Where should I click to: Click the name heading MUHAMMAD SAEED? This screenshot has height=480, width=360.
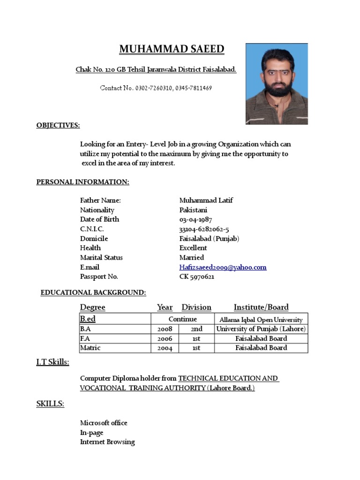point(172,49)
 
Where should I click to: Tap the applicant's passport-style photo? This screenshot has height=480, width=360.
point(277,84)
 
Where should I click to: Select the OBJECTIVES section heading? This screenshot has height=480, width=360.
point(58,125)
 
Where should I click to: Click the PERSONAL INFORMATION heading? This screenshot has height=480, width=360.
point(82,182)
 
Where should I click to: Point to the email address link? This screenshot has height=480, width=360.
point(223,267)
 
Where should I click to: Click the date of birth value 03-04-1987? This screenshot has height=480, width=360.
point(196,219)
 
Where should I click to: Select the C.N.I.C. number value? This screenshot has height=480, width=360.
point(204,229)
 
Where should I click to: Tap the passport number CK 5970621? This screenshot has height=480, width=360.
point(197,277)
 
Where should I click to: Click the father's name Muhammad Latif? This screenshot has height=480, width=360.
point(206,200)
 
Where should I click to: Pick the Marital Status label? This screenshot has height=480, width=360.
point(101,257)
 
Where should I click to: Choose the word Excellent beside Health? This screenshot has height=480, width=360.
point(193,247)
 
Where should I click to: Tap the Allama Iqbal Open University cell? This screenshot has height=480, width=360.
point(262,319)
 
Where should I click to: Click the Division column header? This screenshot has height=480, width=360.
point(196,307)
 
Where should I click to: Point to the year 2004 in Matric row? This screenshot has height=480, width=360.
point(165,348)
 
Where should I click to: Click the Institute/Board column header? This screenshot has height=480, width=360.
point(261,307)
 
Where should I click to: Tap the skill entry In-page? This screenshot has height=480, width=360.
point(92,433)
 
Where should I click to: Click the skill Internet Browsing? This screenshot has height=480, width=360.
point(107,442)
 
